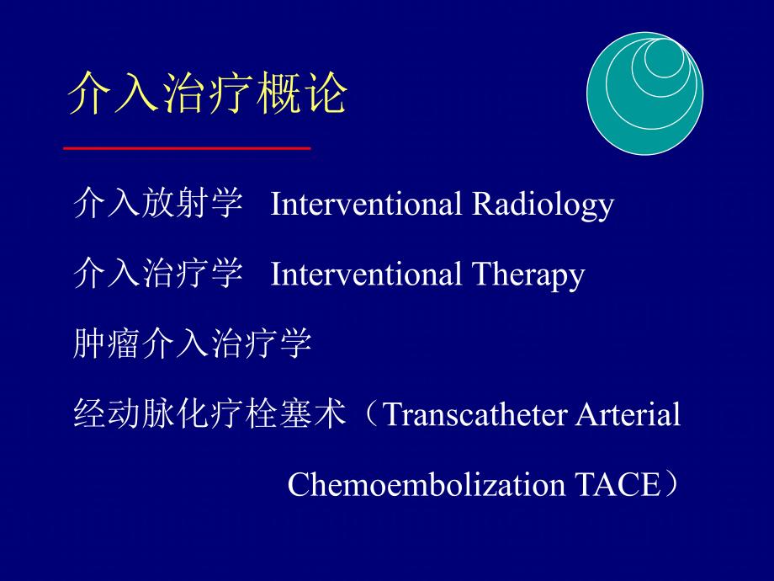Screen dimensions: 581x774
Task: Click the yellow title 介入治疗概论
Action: pos(207,93)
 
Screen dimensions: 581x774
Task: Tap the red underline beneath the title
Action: pos(188,148)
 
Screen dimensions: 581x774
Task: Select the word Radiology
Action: pos(542,205)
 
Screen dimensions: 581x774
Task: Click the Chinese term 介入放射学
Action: pos(158,205)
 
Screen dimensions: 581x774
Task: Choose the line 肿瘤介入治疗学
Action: pos(193,344)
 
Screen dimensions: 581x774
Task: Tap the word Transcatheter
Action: pos(477,415)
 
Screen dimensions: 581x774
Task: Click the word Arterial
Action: pos(630,415)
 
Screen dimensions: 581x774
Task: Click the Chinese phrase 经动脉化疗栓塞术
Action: pos(210,415)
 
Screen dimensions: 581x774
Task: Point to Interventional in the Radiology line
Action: pos(367,205)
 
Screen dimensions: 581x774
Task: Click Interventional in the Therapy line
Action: pos(367,275)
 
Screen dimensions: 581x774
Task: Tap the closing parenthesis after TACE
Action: pos(670,485)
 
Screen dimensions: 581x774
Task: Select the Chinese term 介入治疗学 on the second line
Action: pos(158,275)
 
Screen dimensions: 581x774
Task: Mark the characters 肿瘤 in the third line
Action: pos(107,344)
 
